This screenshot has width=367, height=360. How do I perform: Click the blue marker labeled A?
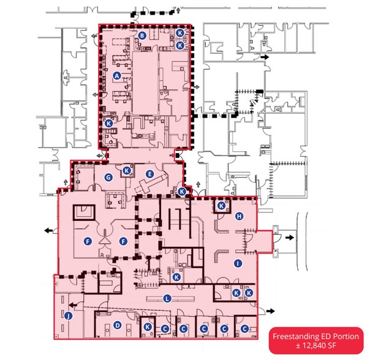pos(116,76)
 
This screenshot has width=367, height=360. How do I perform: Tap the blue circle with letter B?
pos(142,36)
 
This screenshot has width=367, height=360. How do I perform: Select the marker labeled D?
pos(117,325)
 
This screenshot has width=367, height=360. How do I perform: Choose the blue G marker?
pos(108,178)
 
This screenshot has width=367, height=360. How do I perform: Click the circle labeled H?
pos(240,216)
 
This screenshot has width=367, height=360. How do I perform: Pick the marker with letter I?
pos(238,263)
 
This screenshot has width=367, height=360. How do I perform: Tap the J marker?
pos(68,316)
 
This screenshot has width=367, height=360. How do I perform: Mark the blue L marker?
pos(166,298)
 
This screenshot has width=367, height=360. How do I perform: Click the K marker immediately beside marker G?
pos(127,170)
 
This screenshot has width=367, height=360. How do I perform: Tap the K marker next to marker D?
pos(148,328)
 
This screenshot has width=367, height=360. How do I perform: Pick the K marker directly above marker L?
pos(176,277)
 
